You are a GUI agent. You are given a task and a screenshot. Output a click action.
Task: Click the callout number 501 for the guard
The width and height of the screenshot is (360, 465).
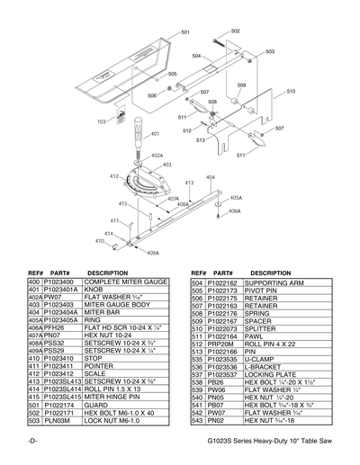(x=185, y=32)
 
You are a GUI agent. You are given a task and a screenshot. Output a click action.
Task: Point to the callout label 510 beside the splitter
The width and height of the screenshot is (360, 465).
(x=291, y=92)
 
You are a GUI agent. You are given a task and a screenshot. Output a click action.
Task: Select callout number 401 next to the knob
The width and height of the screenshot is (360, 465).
(x=155, y=134)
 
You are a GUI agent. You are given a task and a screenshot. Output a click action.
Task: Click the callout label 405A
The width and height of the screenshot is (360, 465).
(x=235, y=197)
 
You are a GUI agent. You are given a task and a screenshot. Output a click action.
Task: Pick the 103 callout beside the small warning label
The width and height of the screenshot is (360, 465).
(x=101, y=121)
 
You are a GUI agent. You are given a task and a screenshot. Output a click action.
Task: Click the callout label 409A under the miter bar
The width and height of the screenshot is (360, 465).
(x=152, y=254)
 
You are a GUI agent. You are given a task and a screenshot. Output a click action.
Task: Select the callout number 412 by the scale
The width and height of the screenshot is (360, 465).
(x=114, y=177)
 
